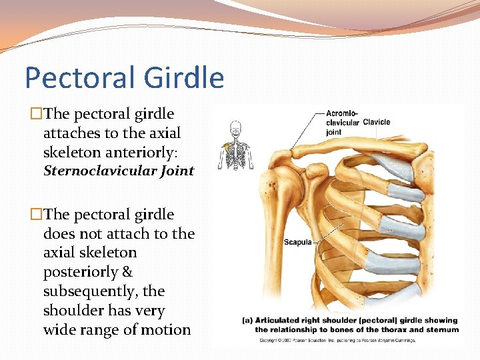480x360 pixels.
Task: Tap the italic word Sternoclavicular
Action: (100, 171)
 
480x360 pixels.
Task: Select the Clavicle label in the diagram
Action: (377, 122)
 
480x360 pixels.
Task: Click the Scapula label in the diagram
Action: (298, 242)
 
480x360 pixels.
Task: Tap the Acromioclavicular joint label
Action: (342, 122)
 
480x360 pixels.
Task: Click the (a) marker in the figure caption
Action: (247, 321)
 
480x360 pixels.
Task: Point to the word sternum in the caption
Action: (442, 329)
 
